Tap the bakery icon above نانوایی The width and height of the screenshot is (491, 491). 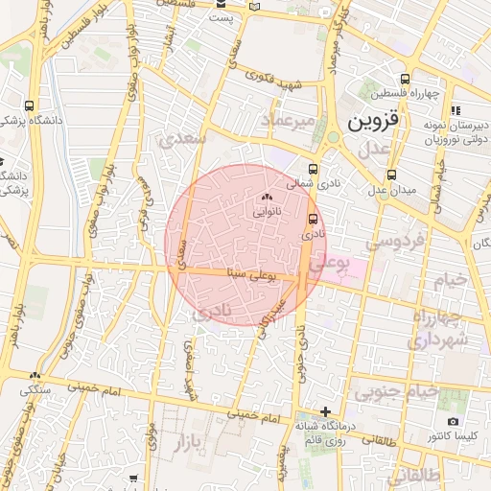click(x=267, y=198)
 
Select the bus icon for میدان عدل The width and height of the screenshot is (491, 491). click(x=391, y=175)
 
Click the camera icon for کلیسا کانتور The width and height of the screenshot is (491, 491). click(x=453, y=421)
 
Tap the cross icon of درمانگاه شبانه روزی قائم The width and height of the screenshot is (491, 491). click(x=326, y=411)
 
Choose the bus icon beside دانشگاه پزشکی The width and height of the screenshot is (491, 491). click(x=30, y=105)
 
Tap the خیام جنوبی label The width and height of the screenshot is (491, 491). click(x=395, y=391)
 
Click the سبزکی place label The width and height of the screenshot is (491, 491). click(x=35, y=390)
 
